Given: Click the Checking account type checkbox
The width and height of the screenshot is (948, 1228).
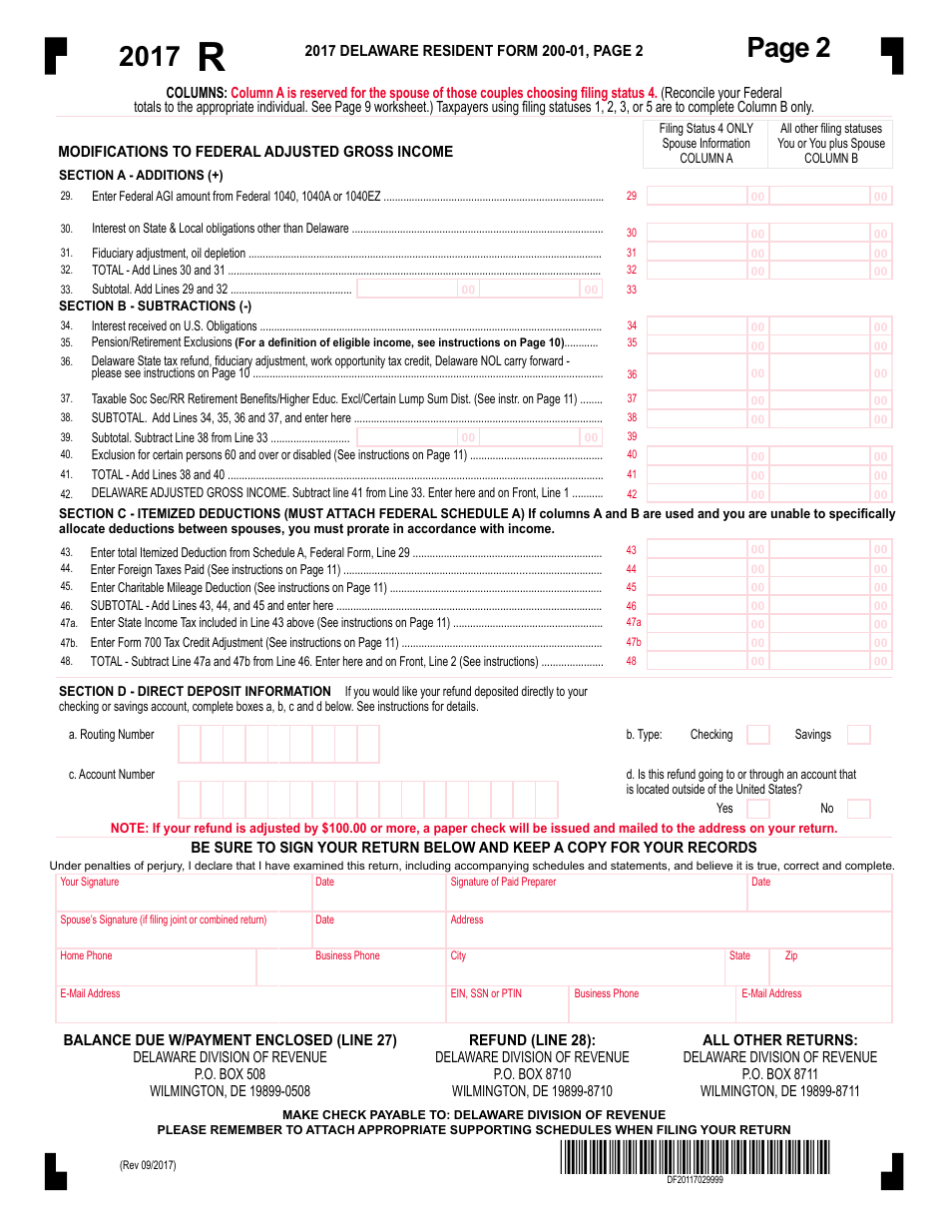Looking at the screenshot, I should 758,735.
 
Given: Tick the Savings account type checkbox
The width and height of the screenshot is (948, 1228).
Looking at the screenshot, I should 858,735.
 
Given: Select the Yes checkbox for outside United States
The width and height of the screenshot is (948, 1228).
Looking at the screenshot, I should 758,809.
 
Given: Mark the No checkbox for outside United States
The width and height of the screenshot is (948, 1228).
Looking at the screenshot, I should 858,809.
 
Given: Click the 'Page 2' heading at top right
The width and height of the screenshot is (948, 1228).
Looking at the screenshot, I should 788,48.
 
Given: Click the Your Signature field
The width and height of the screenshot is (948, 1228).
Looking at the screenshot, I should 185,895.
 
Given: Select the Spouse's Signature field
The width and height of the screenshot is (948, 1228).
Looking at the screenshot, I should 185,932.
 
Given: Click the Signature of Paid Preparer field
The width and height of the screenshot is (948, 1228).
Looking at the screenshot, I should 597,895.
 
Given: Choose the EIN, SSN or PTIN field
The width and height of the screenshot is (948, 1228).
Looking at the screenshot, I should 507,1007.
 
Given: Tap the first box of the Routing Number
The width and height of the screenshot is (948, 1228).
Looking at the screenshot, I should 190,744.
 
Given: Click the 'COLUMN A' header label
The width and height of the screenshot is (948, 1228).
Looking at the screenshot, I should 706,158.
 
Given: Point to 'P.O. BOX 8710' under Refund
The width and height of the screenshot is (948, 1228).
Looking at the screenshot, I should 532,1074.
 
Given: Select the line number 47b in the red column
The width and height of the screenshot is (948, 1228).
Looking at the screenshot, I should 633,642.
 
